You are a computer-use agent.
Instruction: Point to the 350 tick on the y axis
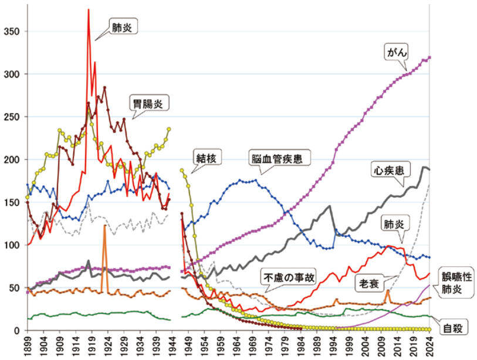pos(12,31)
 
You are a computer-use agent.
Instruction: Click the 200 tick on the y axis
pos(12,159)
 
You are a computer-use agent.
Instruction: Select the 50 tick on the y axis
pos(14,288)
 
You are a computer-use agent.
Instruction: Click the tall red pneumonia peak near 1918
pos(88,10)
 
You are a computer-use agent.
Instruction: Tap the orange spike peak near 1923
pos(104,225)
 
